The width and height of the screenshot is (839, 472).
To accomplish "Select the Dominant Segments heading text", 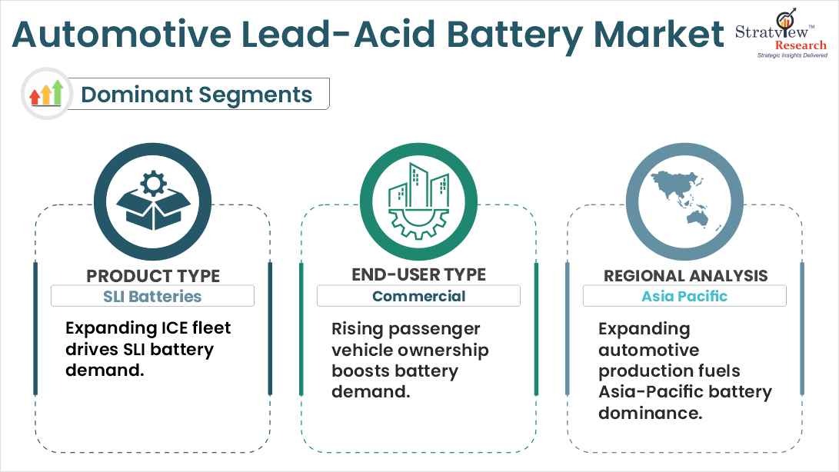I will pos(196,95).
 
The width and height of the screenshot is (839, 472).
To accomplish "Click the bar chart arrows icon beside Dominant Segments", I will pos(46,94).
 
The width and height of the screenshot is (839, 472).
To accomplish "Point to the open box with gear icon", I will pos(152,201).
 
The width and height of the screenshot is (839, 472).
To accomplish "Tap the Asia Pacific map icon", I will pos(684,201).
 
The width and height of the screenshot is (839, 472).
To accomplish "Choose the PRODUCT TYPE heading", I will pos(153,276).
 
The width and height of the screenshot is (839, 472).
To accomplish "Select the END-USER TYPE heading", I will pos(418,274).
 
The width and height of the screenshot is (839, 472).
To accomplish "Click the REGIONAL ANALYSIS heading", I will pos(685,275).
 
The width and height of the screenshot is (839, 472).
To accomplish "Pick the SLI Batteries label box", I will pos(152,296).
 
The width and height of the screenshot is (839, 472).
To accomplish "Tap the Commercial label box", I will pos(418,296).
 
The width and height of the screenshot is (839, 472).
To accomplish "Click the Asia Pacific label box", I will pos(684,296).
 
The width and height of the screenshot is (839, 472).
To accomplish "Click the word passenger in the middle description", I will pos(438,329).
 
